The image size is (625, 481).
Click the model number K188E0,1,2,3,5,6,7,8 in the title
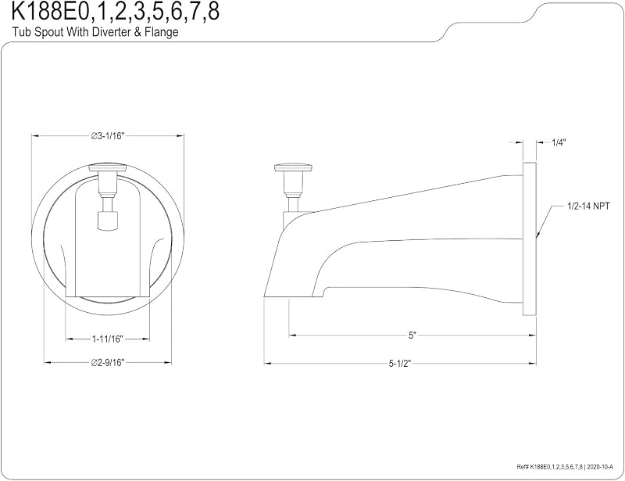116,12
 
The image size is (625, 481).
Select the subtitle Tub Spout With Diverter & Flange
95,32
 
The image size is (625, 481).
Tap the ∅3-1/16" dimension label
108,136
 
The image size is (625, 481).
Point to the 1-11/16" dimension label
108,339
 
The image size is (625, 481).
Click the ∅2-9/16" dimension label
108,362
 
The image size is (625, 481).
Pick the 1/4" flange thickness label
559,142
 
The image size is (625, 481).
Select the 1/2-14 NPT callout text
588,206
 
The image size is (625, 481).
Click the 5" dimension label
412,336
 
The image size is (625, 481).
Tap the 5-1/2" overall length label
400,363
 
